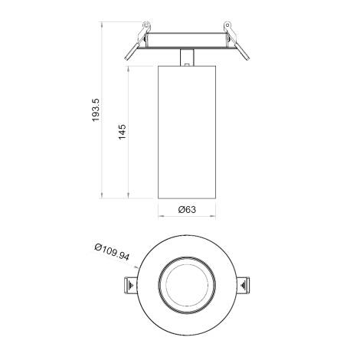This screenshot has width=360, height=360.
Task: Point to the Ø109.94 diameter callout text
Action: (111, 254)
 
